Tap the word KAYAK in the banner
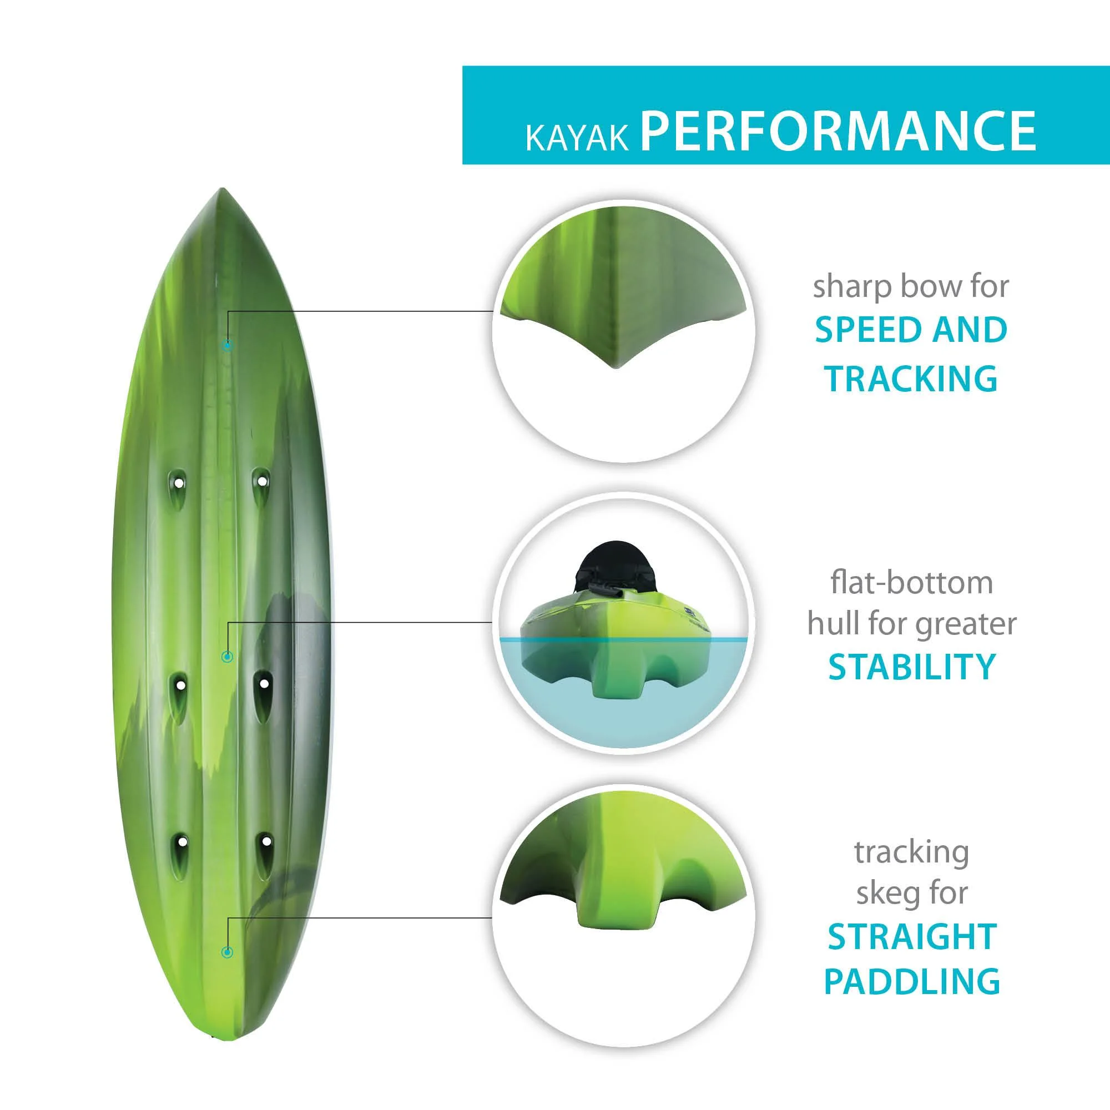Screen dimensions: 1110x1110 pyautogui.click(x=577, y=138)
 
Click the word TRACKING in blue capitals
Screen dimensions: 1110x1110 pyautogui.click(x=911, y=378)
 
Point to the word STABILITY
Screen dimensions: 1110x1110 pyautogui.click(x=912, y=667)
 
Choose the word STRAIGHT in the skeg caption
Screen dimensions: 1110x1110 pyautogui.click(x=912, y=936)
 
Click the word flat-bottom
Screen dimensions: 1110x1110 pyautogui.click(x=912, y=583)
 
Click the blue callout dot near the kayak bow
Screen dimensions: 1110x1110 pyautogui.click(x=228, y=346)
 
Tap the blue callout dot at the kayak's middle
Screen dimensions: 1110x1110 pyautogui.click(x=228, y=657)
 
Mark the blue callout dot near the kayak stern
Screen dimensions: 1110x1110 pyautogui.click(x=228, y=952)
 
